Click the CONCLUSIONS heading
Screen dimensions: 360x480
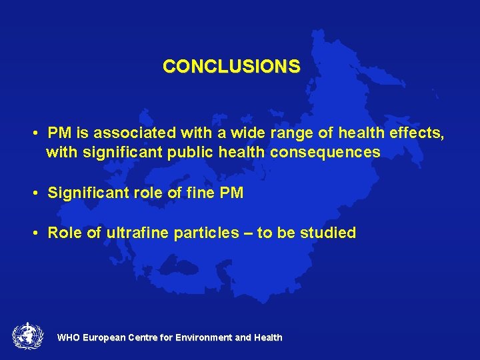tap(231, 67)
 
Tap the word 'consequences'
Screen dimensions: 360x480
tap(325, 153)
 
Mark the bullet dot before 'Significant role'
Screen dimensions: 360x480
tap(33, 194)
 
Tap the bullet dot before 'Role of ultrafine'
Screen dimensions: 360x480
tap(33, 233)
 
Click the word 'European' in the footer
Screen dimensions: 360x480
tap(104, 338)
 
